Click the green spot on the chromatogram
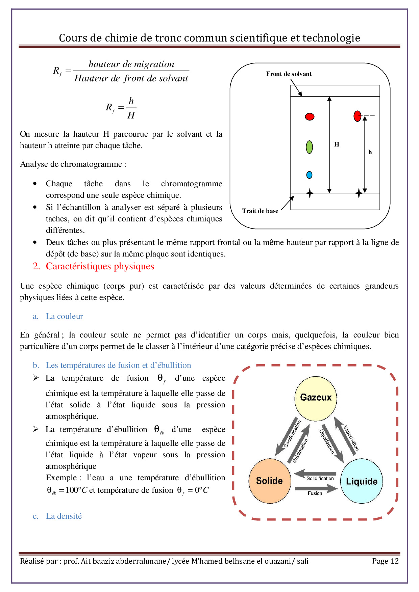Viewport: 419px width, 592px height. pyautogui.click(x=309, y=147)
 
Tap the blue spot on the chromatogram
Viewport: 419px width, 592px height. pyautogui.click(x=309, y=175)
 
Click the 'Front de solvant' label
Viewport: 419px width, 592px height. pyautogui.click(x=289, y=74)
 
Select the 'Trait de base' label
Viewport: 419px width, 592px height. pyautogui.click(x=260, y=211)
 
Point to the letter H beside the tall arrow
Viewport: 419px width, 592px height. pyautogui.click(x=337, y=144)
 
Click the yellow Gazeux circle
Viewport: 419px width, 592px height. pyautogui.click(x=316, y=398)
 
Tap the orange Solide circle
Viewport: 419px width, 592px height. pyautogui.click(x=269, y=481)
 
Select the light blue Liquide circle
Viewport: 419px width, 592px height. pyautogui.click(x=361, y=481)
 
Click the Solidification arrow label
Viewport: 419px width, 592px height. pyautogui.click(x=320, y=479)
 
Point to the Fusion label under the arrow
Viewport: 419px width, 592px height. pyautogui.click(x=315, y=493)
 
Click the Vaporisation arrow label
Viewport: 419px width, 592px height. pyautogui.click(x=351, y=438)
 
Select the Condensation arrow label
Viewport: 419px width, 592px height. pyautogui.click(x=292, y=434)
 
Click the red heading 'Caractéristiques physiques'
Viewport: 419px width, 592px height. pyautogui.click(x=100, y=266)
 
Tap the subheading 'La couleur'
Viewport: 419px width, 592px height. pyautogui.click(x=64, y=316)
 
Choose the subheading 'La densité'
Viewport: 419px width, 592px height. pyautogui.click(x=64, y=516)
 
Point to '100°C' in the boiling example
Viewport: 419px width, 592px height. pyautogui.click(x=76, y=490)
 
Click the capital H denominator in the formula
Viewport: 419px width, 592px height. pyautogui.click(x=131, y=115)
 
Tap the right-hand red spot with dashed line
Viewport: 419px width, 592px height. pyautogui.click(x=357, y=116)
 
